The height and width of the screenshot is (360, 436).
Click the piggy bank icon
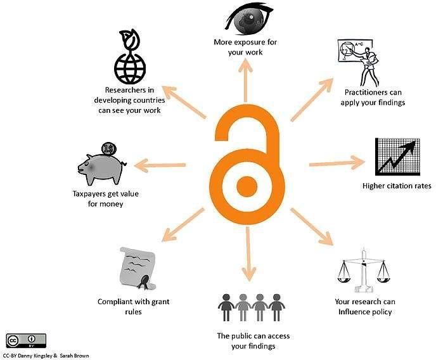tap(101, 169)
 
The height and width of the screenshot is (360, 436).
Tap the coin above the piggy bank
tap(108, 150)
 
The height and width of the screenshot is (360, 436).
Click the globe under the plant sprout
tap(130, 68)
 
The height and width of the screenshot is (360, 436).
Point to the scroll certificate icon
tap(138, 269)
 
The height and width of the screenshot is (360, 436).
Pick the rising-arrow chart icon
tap(397, 157)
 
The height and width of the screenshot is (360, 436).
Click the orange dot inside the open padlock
tap(247, 186)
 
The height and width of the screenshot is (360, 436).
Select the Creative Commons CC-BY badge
tap(26, 340)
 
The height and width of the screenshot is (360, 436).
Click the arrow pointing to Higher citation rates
tap(337, 163)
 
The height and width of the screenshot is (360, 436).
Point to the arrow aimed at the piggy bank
tap(160, 165)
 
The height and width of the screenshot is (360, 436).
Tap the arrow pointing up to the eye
tap(245, 81)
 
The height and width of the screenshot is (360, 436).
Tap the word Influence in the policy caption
tap(352, 312)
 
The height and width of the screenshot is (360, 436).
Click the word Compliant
tap(115, 302)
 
